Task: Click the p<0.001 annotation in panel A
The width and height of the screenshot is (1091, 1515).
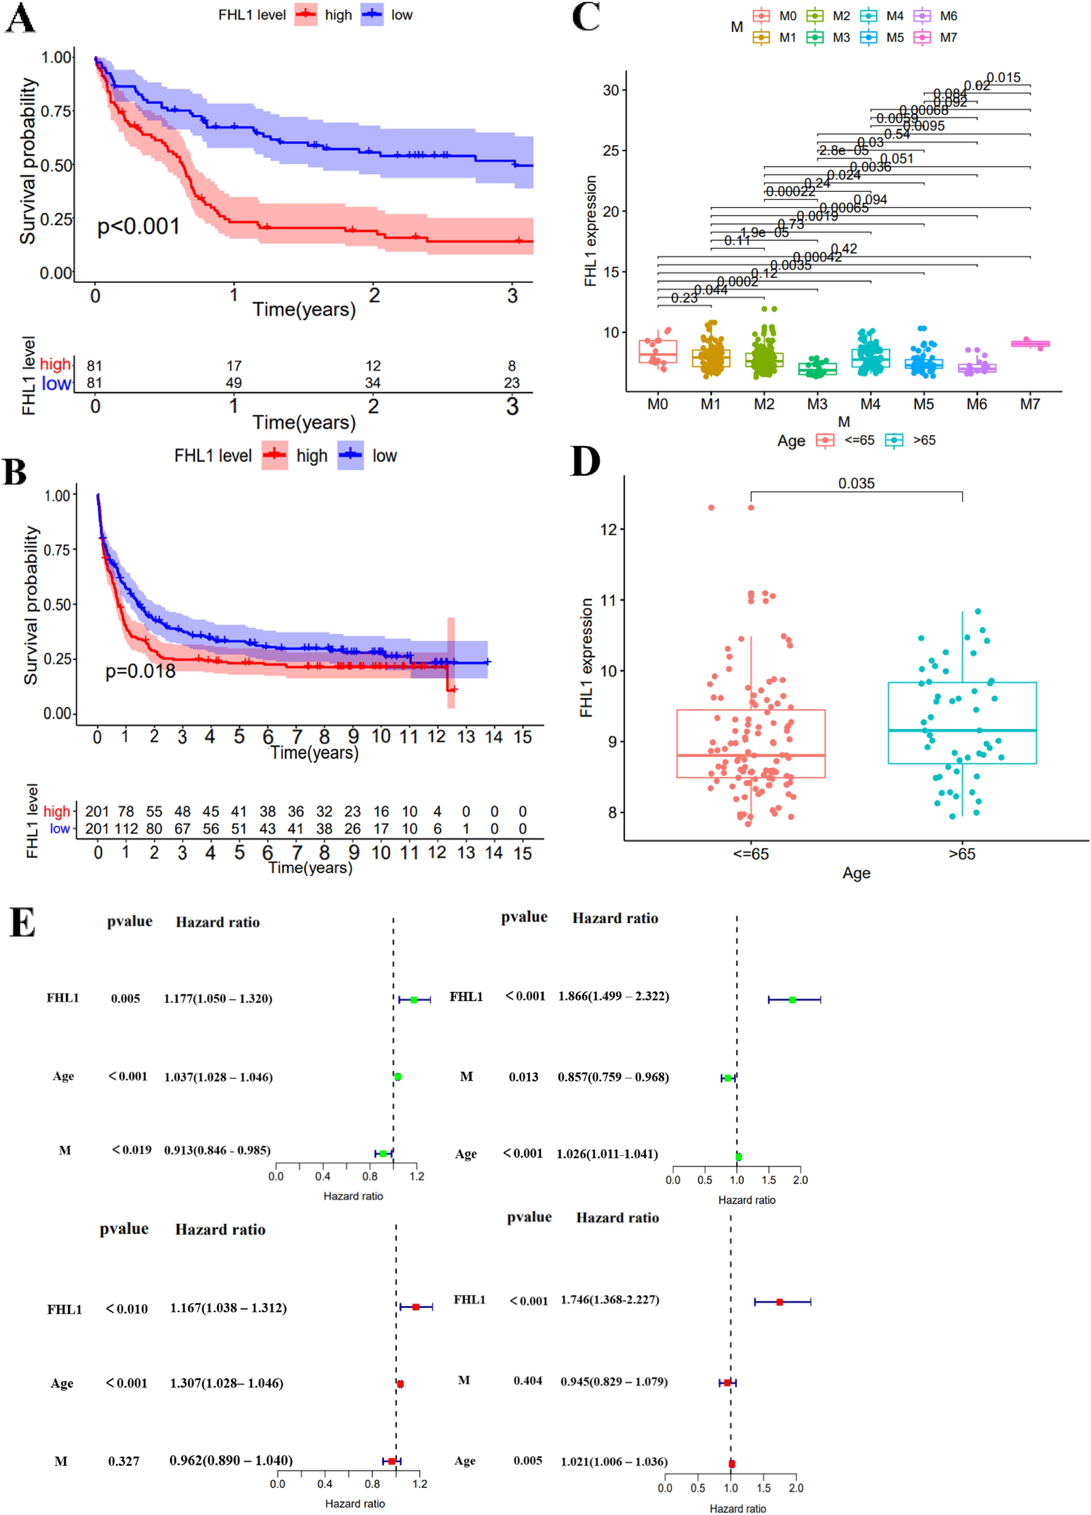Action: click(x=138, y=227)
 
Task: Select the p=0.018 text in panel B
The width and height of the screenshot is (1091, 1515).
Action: click(x=141, y=671)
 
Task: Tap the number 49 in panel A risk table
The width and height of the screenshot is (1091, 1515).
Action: click(x=233, y=383)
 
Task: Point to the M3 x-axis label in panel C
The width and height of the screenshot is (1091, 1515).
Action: click(x=817, y=404)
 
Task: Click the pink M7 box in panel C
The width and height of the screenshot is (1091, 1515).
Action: click(x=1029, y=343)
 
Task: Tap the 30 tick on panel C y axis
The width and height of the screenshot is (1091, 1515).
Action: click(x=611, y=90)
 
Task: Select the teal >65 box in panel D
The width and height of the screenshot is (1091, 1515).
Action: click(x=962, y=723)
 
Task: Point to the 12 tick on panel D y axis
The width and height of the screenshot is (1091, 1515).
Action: click(x=608, y=530)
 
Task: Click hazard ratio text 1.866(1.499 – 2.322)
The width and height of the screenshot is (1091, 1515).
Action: click(x=613, y=996)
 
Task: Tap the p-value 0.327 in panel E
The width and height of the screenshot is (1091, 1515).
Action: click(x=124, y=1461)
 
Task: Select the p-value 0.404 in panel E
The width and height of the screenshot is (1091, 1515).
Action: click(x=527, y=1380)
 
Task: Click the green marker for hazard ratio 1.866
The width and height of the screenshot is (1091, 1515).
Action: click(x=792, y=1000)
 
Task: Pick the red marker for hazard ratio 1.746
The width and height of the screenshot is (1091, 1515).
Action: click(x=779, y=1302)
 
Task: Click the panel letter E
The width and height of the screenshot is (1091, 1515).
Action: click(x=22, y=923)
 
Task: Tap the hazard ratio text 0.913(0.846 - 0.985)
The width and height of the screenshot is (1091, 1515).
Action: click(x=217, y=1150)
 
